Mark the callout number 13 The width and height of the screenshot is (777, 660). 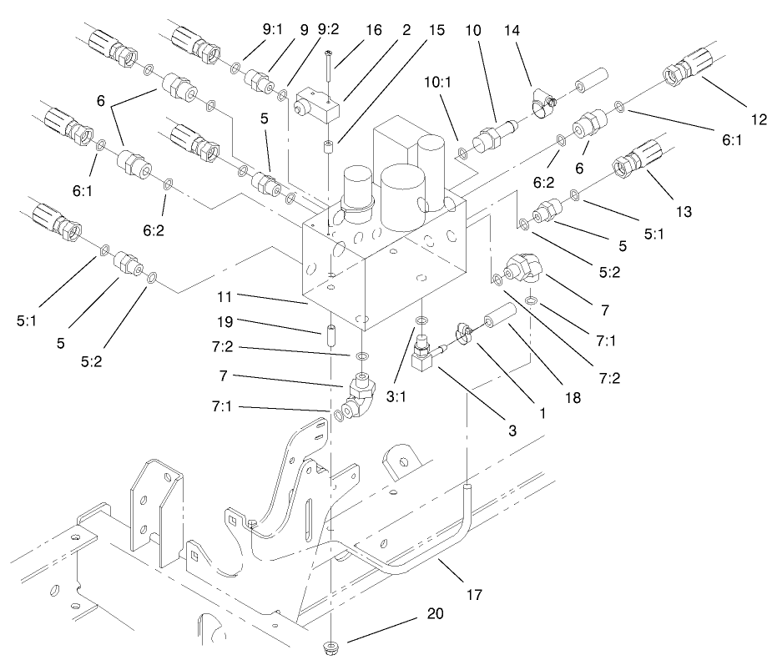coord(684,212)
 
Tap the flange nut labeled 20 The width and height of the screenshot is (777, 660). coord(331,647)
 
